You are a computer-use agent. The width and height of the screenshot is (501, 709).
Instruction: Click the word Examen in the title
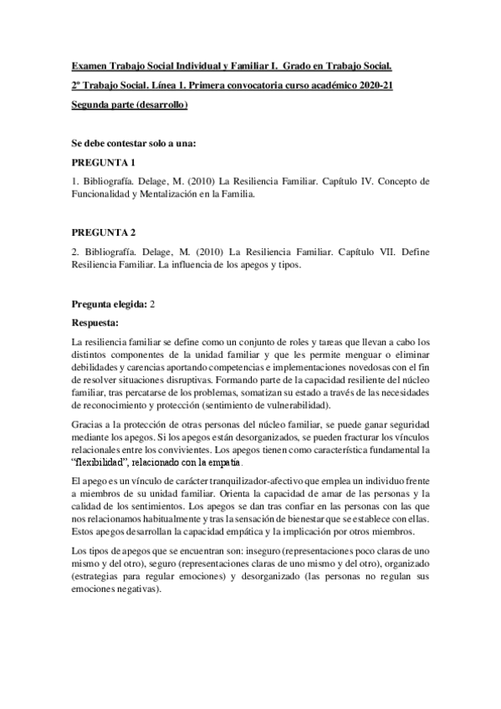click(x=89, y=64)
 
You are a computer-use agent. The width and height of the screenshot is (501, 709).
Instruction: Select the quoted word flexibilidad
click(x=103, y=462)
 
